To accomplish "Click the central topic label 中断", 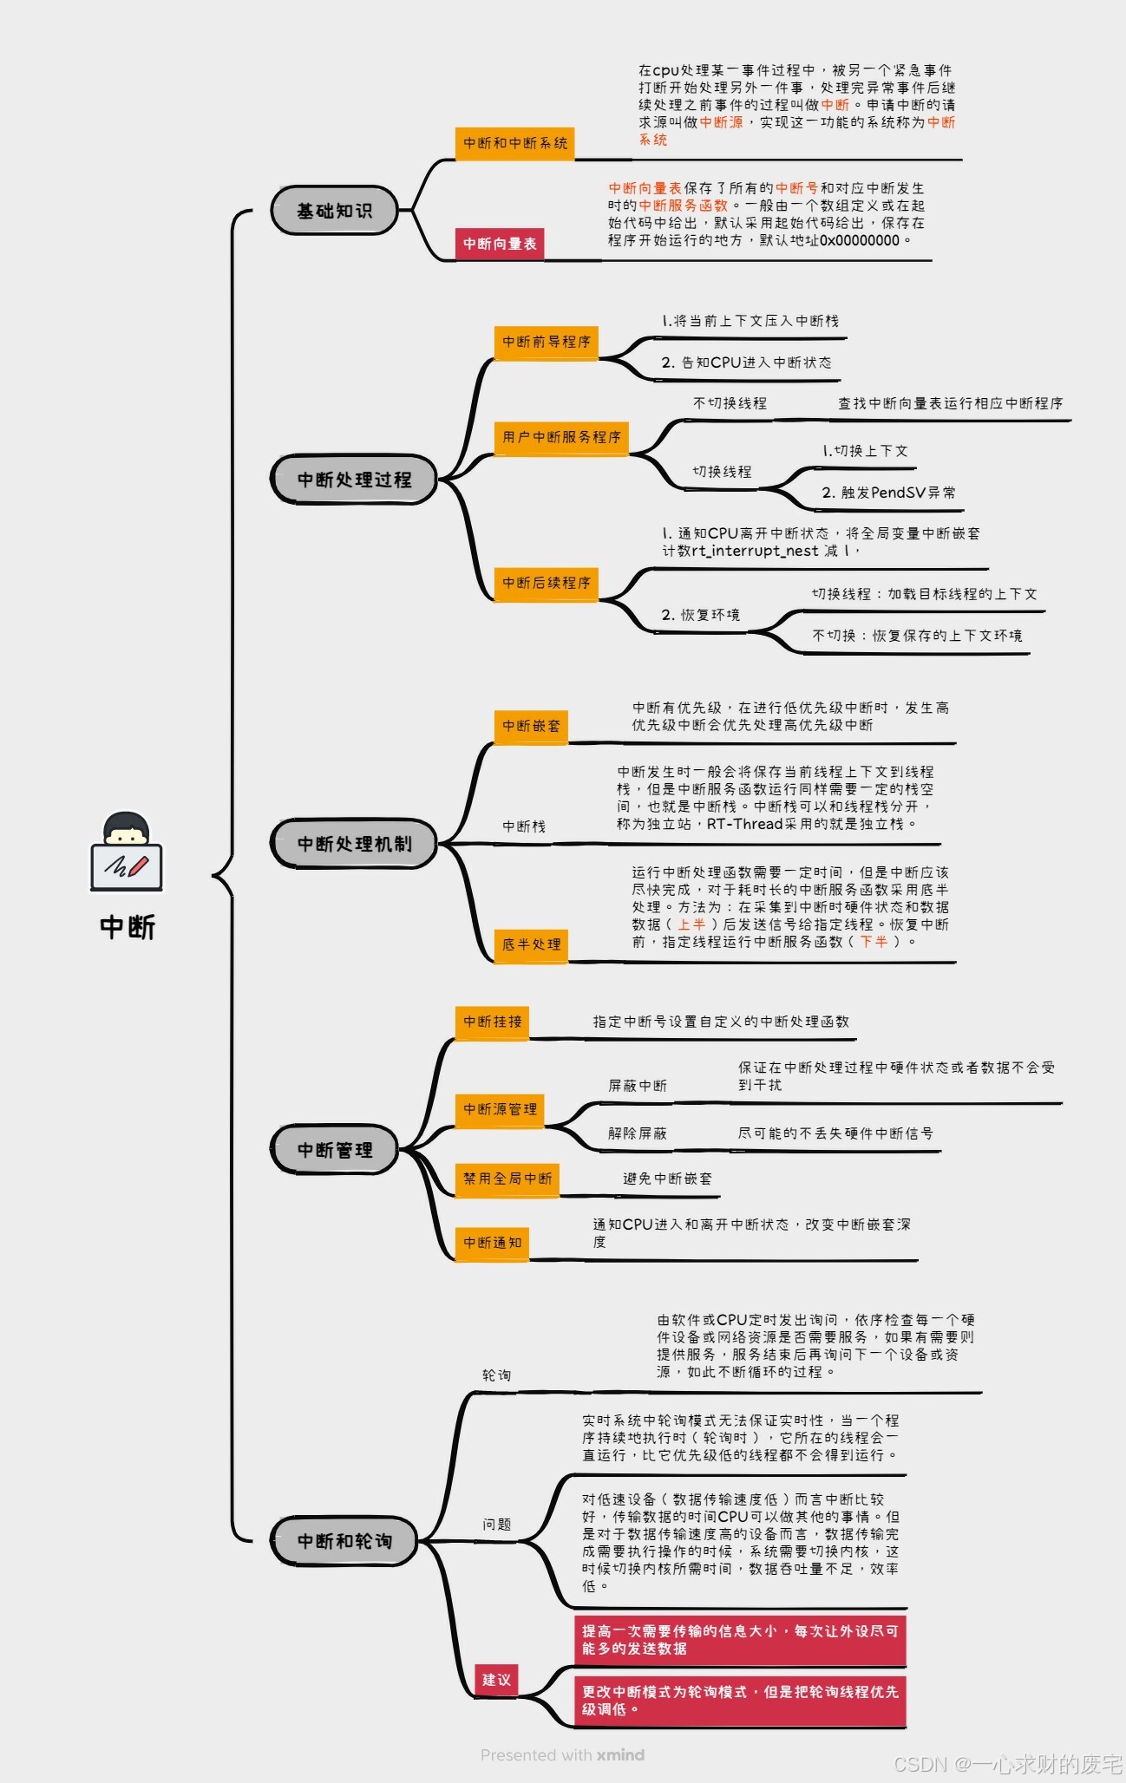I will point(128,927).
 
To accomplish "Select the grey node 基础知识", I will point(335,211).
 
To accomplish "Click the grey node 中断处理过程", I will point(354,480).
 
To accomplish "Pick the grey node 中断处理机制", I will point(354,844).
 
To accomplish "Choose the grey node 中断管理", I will point(335,1150).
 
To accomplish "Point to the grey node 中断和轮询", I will point(344,1541).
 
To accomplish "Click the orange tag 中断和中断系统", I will point(515,143).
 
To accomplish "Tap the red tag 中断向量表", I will point(500,244).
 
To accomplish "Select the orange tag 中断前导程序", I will point(547,342).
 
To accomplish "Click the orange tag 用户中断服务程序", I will point(562,437).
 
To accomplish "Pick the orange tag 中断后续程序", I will point(547,583).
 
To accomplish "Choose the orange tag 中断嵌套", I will point(531,726).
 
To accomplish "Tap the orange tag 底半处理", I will point(531,944).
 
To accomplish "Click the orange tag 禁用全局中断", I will point(507,1179).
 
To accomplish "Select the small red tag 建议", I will point(496,1680).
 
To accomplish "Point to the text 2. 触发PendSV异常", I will point(888,493).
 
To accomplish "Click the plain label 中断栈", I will point(524,826).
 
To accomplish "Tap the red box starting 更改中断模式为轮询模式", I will point(740,1701).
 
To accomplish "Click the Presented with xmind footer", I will point(562,1755).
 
